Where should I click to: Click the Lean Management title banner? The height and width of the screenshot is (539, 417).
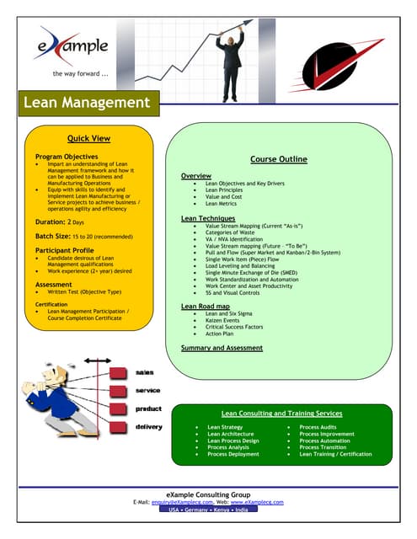click(x=86, y=104)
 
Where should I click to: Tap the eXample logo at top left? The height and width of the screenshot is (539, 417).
click(x=73, y=45)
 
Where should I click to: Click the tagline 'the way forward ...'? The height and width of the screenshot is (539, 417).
click(x=80, y=73)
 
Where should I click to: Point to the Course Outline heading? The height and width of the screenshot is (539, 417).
click(x=278, y=158)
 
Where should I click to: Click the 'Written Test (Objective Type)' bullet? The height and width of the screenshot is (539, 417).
click(x=85, y=291)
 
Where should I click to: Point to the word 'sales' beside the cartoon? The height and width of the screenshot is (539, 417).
click(x=145, y=371)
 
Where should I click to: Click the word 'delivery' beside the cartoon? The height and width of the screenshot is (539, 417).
click(x=148, y=427)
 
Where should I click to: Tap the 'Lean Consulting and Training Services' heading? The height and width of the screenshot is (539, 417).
click(x=281, y=414)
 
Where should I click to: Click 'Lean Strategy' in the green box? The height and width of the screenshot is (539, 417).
click(x=225, y=428)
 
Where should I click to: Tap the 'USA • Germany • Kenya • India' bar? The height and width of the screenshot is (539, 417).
click(x=207, y=510)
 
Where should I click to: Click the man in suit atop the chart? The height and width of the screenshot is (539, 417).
click(x=228, y=51)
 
